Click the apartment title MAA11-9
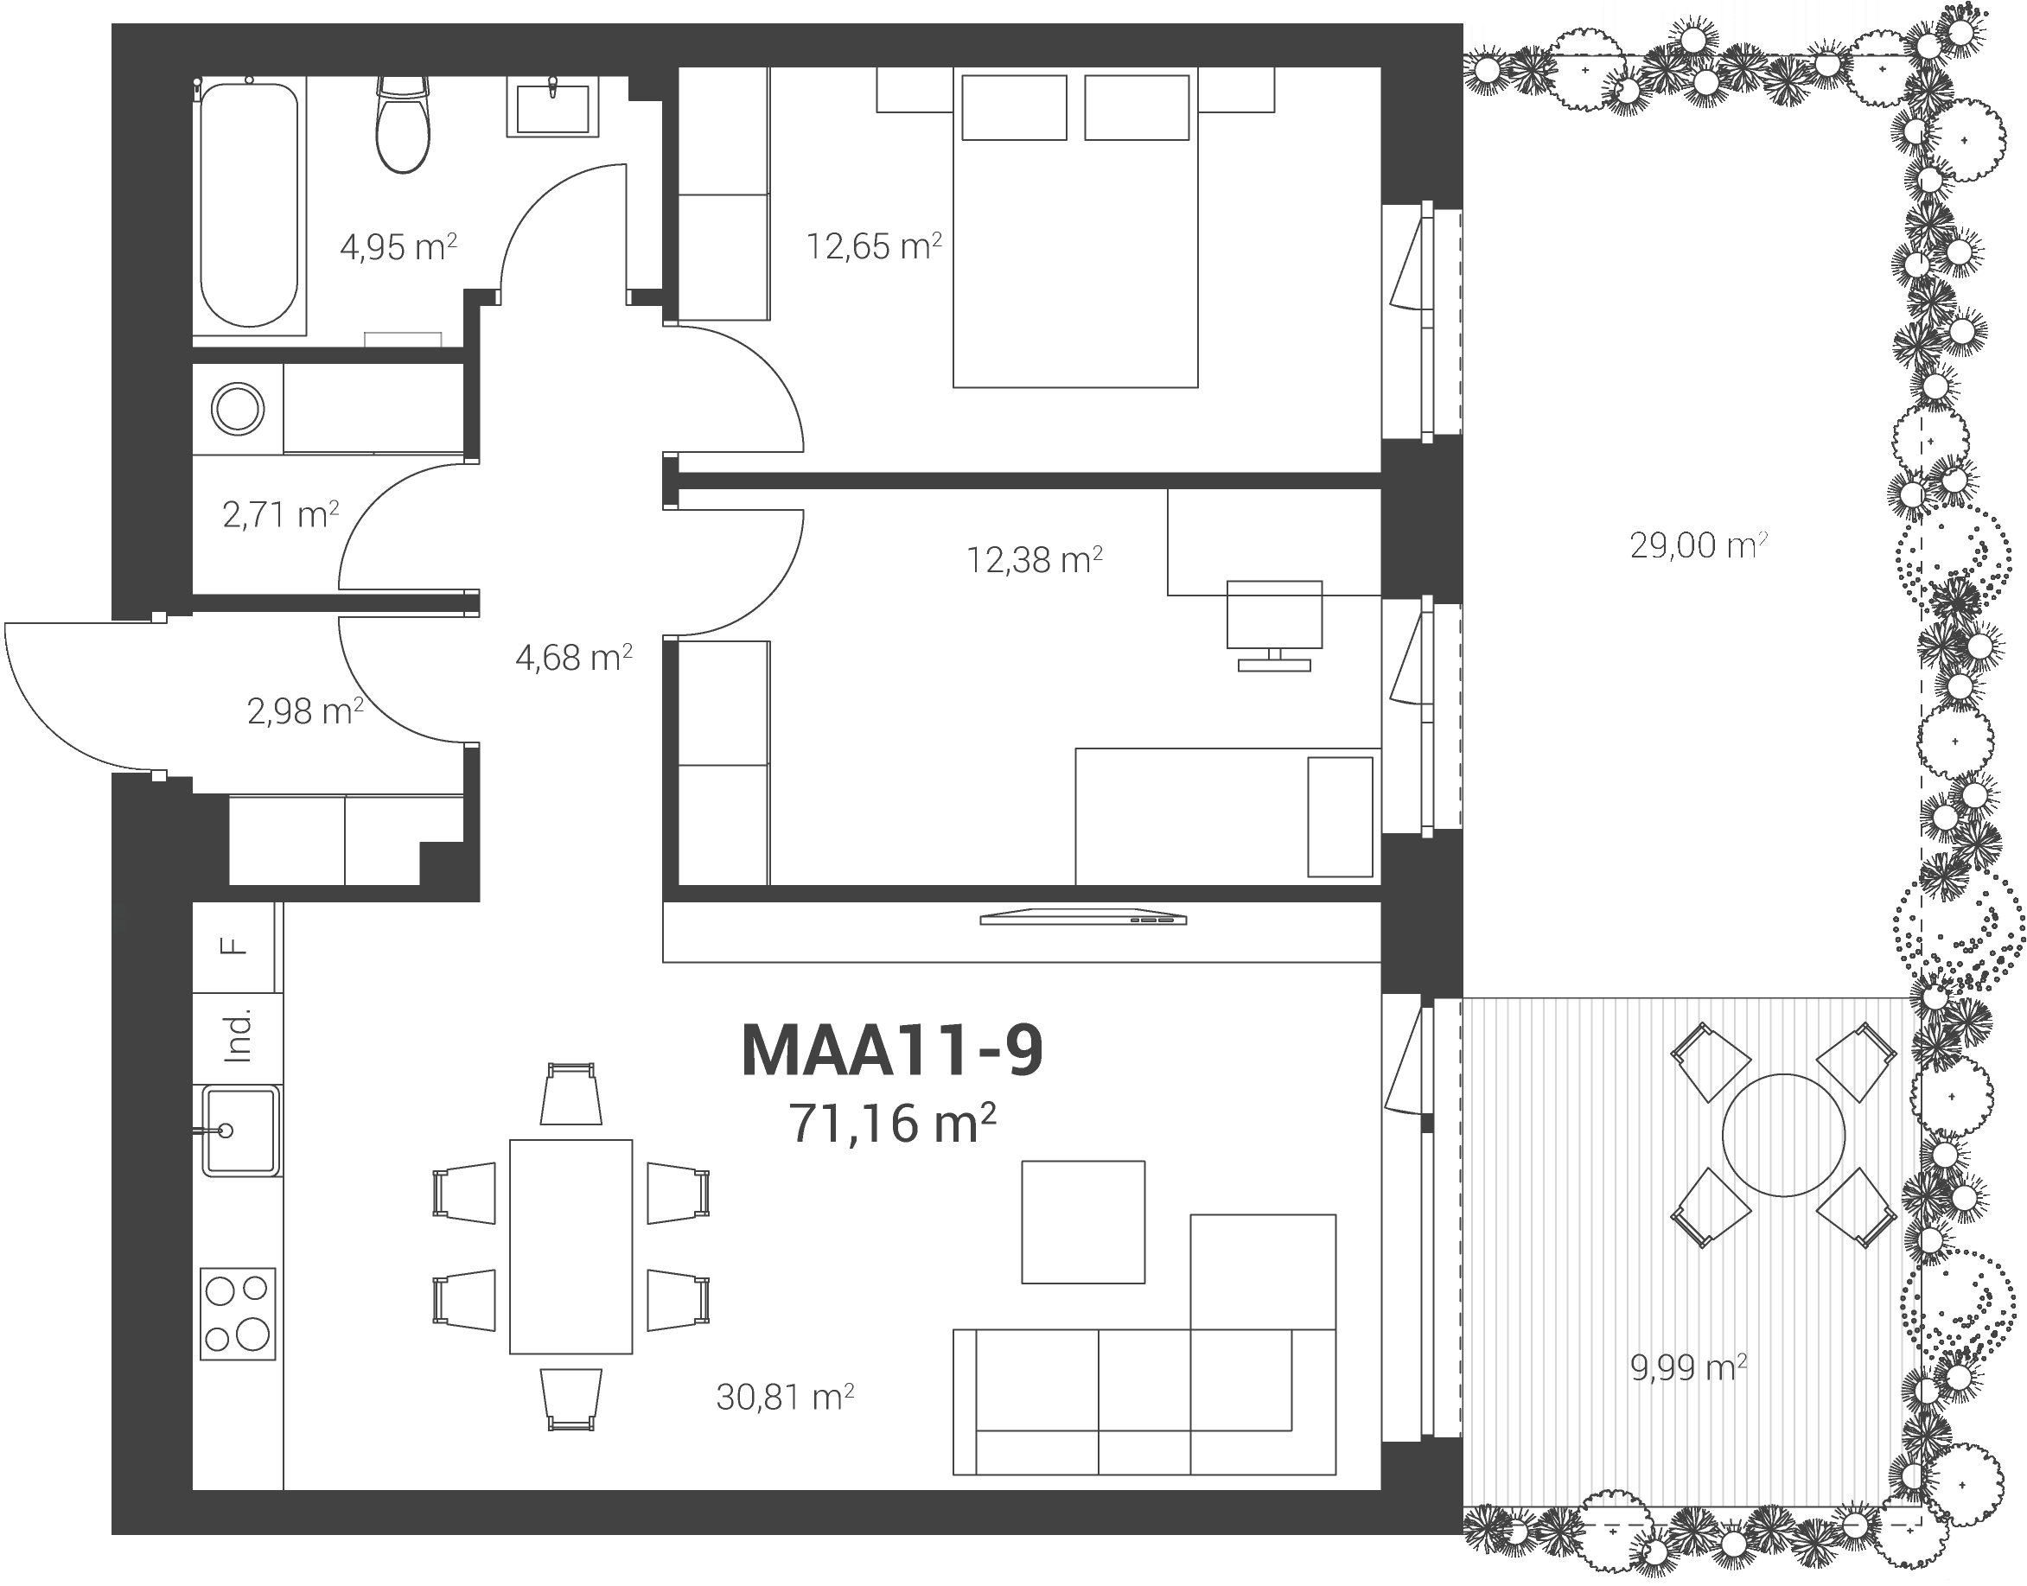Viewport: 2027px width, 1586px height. pos(892,1050)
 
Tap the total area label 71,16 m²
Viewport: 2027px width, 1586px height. pos(892,1123)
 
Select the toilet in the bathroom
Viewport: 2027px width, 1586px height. pos(403,124)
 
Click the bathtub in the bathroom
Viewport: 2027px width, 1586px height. pos(249,205)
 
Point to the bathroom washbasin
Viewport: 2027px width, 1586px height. pos(552,108)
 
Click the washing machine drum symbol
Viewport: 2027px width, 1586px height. pos(238,409)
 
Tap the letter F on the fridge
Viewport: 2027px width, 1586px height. pos(234,946)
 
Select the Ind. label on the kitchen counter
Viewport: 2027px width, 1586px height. pos(239,1035)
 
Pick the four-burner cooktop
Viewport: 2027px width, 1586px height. pos(238,1314)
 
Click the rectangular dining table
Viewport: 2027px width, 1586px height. pos(571,1247)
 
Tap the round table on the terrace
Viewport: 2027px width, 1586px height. pos(1782,1135)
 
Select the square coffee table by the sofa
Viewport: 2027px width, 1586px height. pos(1083,1222)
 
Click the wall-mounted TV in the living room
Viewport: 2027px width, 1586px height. pos(1084,917)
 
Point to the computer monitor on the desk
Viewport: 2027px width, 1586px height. pos(1274,625)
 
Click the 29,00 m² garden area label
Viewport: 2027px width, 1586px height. pos(1699,545)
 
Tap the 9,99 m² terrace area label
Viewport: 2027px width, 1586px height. pos(1688,1366)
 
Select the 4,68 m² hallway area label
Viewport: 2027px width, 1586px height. pos(574,658)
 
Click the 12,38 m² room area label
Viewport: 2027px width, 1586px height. pos(1035,560)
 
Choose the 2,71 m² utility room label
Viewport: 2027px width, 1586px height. pos(280,514)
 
